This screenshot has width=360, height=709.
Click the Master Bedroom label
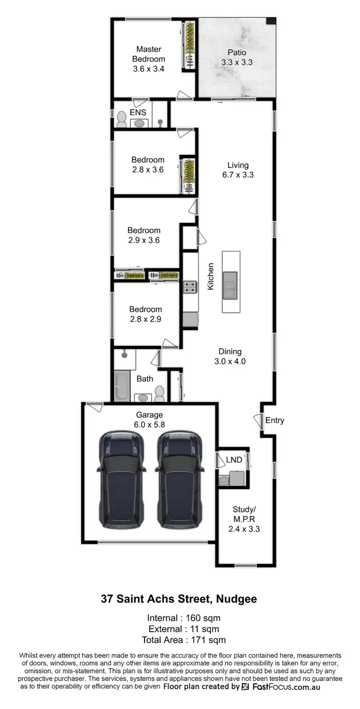click(149, 54)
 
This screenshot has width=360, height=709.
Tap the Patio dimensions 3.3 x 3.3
click(237, 62)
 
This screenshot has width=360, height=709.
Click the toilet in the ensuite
click(121, 119)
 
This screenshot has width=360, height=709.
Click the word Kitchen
click(210, 276)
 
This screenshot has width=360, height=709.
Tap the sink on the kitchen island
click(230, 284)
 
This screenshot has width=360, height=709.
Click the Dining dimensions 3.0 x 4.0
click(230, 361)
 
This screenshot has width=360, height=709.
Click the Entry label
click(275, 421)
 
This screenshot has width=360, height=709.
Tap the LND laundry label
click(234, 460)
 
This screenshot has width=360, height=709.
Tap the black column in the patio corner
click(271, 22)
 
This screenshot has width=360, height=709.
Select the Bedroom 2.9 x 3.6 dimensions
click(144, 240)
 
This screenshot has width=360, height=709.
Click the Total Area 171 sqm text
click(184, 640)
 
